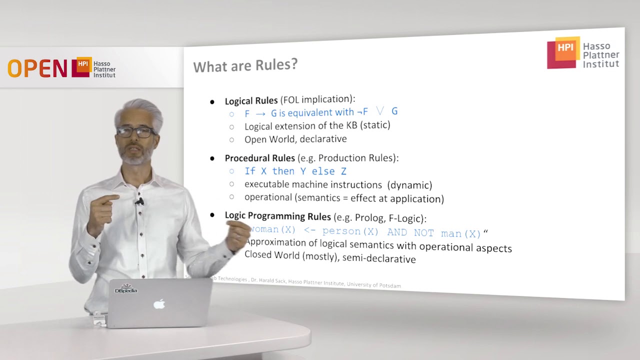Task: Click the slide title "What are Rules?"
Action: [245, 65]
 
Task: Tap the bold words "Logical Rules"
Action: [251, 100]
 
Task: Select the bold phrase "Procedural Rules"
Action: [259, 158]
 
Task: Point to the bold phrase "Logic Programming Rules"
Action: [277, 216]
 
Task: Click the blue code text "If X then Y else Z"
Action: [295, 171]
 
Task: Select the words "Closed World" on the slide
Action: [272, 254]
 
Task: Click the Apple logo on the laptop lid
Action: [159, 303]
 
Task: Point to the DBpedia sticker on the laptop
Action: [126, 288]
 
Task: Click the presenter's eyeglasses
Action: [136, 132]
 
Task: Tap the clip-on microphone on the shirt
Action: [139, 201]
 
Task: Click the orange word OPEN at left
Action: [37, 68]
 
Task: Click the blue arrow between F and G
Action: [260, 113]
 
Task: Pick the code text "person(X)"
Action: [350, 231]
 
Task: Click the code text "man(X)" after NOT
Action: [460, 233]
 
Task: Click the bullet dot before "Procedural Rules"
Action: [212, 158]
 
